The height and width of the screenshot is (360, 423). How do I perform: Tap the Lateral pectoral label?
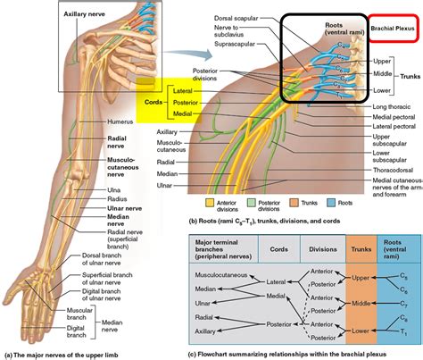pyautogui.click(x=391, y=127)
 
